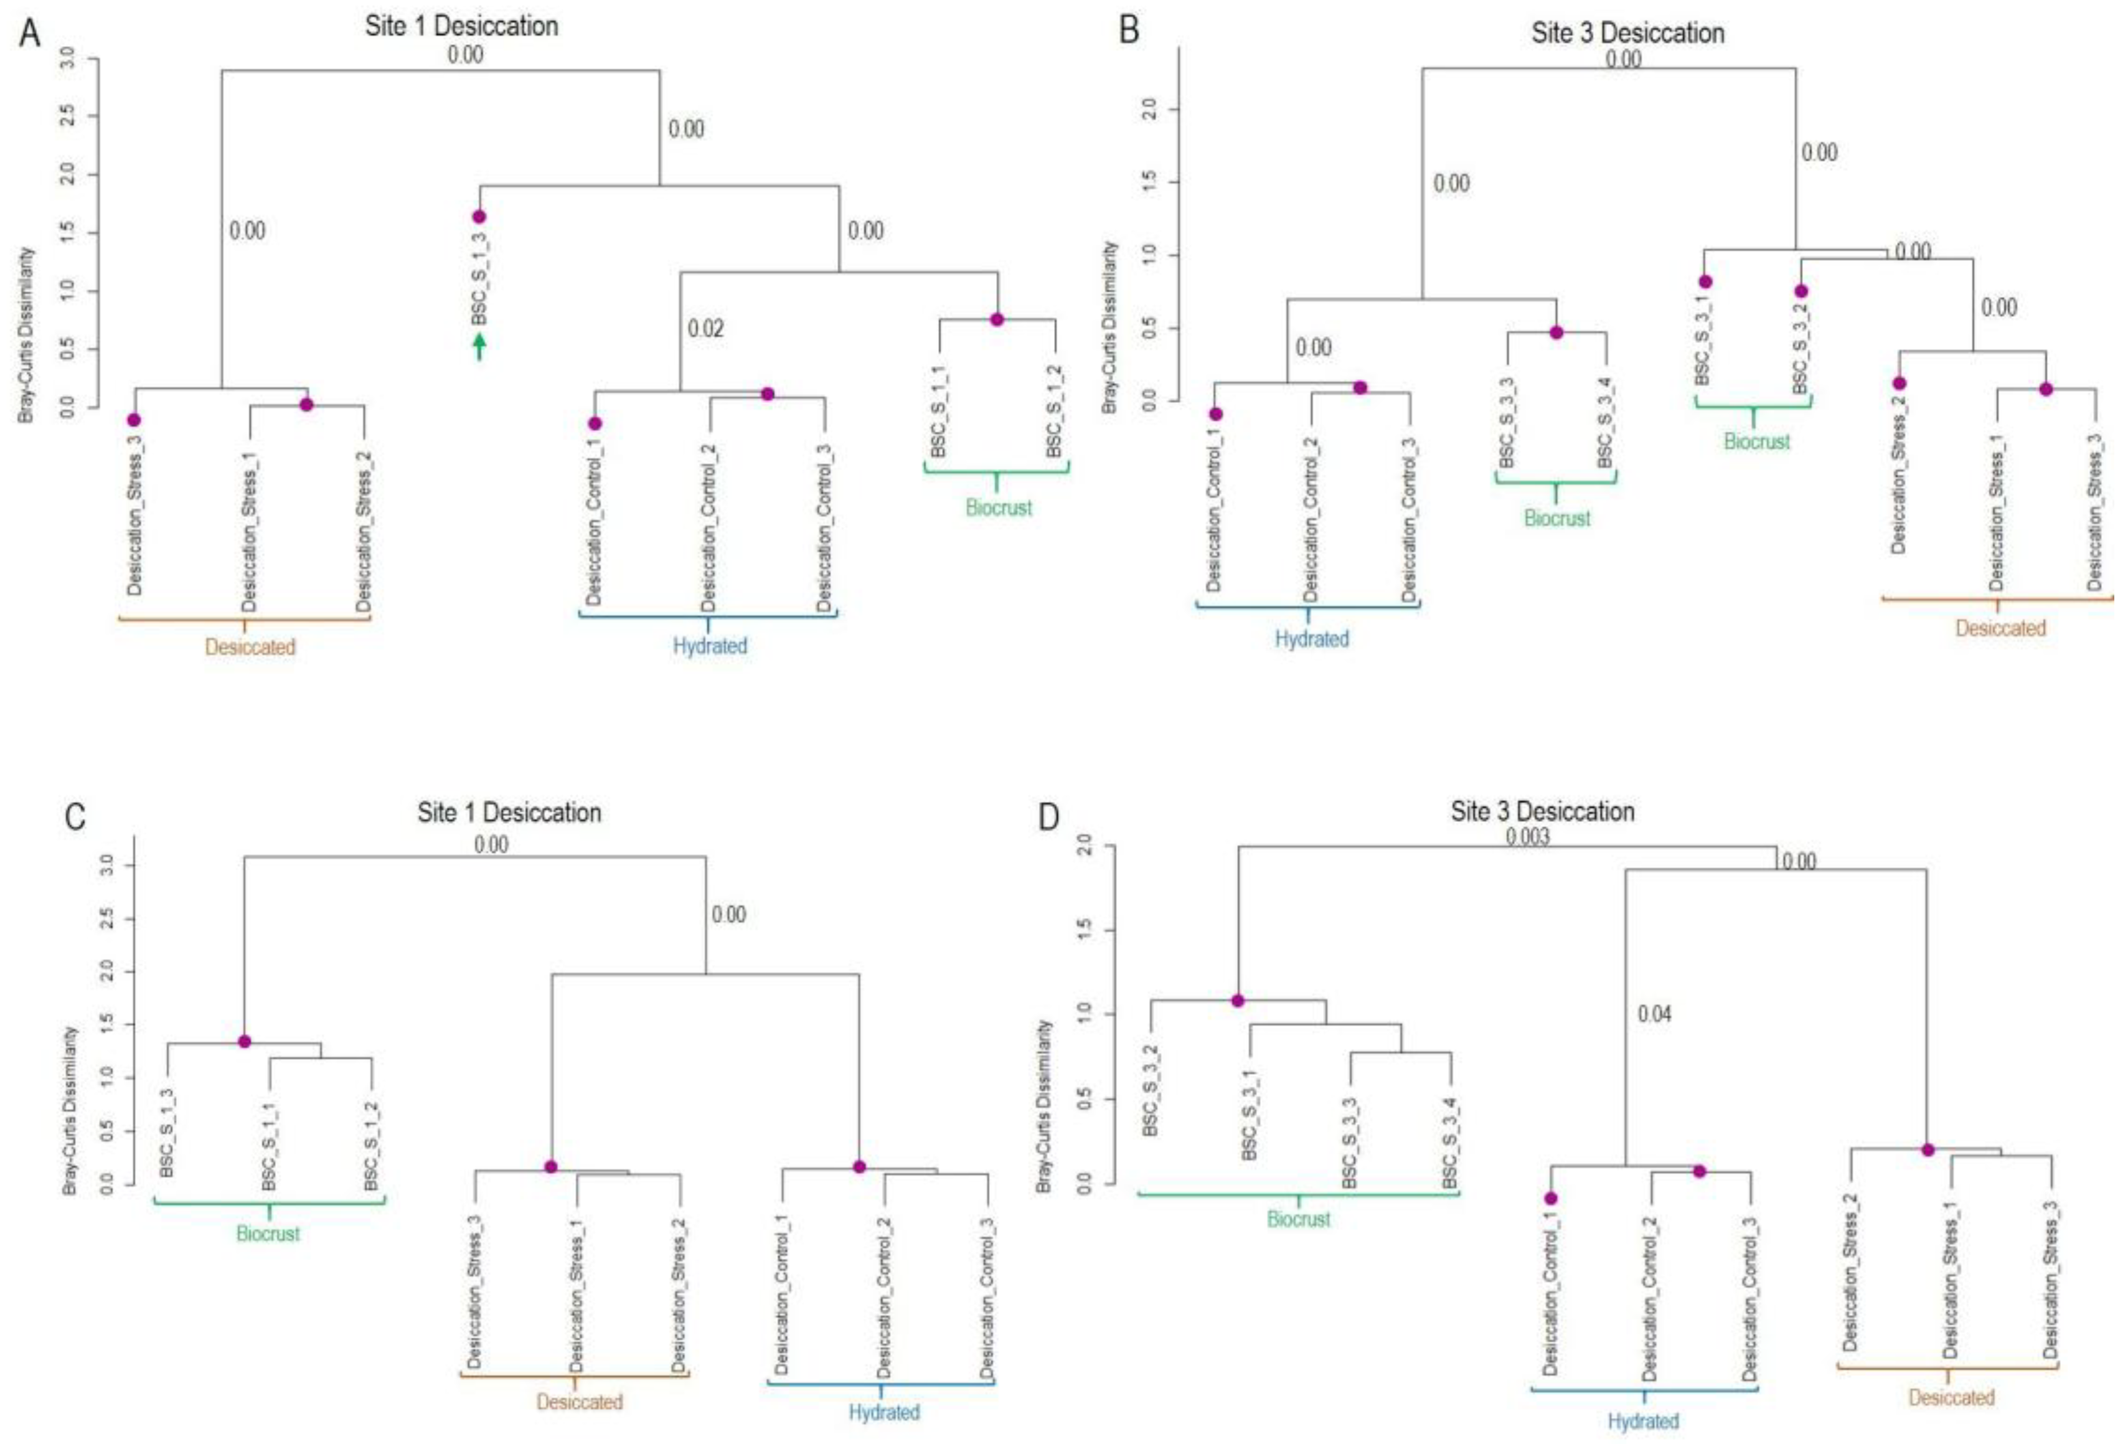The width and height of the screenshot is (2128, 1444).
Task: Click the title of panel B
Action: pyautogui.click(x=1627, y=34)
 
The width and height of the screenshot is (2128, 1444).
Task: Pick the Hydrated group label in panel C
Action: pyautogui.click(x=883, y=1413)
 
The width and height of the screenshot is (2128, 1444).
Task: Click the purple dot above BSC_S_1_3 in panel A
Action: pyautogui.click(x=479, y=217)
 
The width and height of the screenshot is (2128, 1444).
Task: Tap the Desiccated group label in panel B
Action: pyautogui.click(x=2000, y=629)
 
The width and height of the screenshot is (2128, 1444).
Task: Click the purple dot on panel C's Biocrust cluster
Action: pyautogui.click(x=245, y=1042)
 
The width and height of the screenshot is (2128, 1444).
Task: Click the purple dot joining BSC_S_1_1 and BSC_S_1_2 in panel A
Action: pyautogui.click(x=997, y=319)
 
